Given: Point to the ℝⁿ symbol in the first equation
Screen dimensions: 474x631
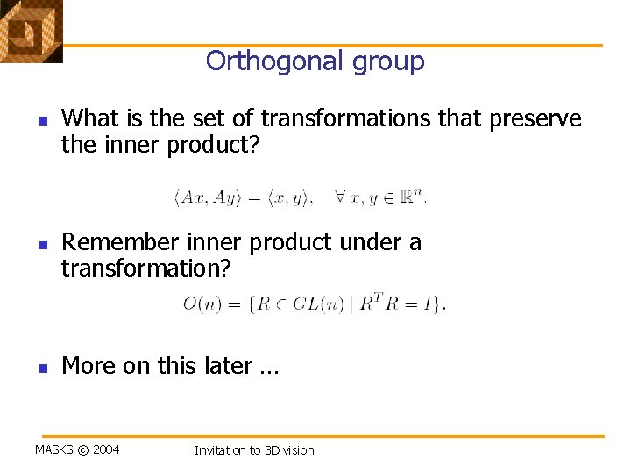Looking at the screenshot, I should tap(413, 197).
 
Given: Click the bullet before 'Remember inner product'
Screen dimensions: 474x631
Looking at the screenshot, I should tap(40, 243).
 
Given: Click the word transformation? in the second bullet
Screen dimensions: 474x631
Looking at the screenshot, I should tap(146, 269).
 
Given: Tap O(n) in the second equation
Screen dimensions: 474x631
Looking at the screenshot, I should tap(201, 305).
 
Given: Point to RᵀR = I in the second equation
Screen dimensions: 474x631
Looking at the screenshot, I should tap(399, 304).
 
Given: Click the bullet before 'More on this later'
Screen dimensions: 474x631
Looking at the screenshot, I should tap(40, 366).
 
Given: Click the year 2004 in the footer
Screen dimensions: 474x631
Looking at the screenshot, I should tap(106, 450).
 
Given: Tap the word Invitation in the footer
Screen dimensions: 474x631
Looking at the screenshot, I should tap(221, 450).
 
